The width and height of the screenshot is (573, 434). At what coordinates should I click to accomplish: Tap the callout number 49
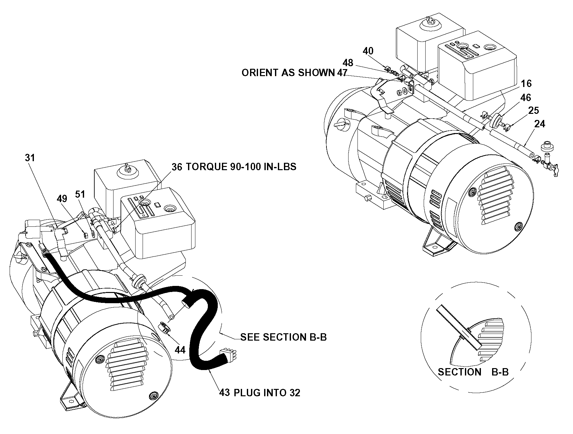click(x=62, y=199)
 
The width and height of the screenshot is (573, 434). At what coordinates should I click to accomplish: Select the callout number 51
click(x=80, y=194)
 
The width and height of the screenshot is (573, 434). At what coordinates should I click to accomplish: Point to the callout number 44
click(x=180, y=350)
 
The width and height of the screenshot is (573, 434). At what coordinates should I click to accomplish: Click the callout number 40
click(x=368, y=51)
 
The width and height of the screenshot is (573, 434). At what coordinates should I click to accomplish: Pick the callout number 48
click(x=348, y=62)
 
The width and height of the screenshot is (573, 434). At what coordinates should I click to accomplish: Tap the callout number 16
click(x=526, y=83)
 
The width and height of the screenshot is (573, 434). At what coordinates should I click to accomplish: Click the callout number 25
click(x=534, y=110)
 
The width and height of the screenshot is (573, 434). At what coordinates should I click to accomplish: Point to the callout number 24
click(x=540, y=124)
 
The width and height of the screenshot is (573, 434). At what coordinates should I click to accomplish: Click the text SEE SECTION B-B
click(x=284, y=337)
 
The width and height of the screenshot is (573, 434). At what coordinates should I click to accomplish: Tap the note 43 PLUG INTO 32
click(x=260, y=392)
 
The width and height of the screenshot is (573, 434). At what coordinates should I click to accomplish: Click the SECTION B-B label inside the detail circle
click(x=473, y=372)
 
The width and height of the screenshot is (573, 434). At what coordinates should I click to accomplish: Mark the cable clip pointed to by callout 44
click(x=164, y=328)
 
